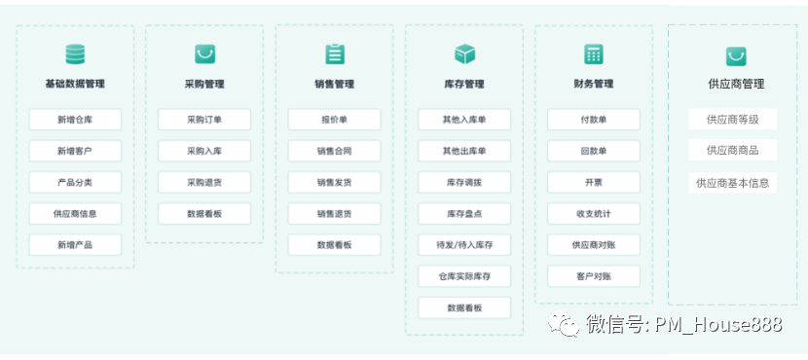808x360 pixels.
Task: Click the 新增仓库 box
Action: pos(75,120)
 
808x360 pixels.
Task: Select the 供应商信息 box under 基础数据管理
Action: pos(75,213)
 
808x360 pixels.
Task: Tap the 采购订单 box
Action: pos(204,120)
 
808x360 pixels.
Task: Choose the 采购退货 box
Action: pos(204,182)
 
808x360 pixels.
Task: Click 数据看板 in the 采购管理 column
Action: pos(204,213)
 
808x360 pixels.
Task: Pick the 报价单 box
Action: pos(334,120)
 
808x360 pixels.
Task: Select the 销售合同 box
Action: pos(334,151)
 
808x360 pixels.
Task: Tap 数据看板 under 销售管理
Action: pos(334,244)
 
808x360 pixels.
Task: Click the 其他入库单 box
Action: pos(464,120)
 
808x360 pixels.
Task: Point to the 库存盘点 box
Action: pos(464,213)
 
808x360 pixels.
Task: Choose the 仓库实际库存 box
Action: pos(464,276)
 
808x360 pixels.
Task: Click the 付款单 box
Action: pos(594,120)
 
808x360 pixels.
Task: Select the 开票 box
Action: pos(594,182)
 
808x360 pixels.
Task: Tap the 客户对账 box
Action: pos(594,276)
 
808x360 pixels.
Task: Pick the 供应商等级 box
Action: pos(732,120)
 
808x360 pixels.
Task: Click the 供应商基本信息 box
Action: pos(732,182)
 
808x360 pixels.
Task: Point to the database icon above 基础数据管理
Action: pos(75,54)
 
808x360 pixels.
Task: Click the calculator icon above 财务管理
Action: pos(594,54)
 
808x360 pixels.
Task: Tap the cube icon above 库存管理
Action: pos(464,54)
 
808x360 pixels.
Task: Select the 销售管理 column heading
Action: pos(334,84)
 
